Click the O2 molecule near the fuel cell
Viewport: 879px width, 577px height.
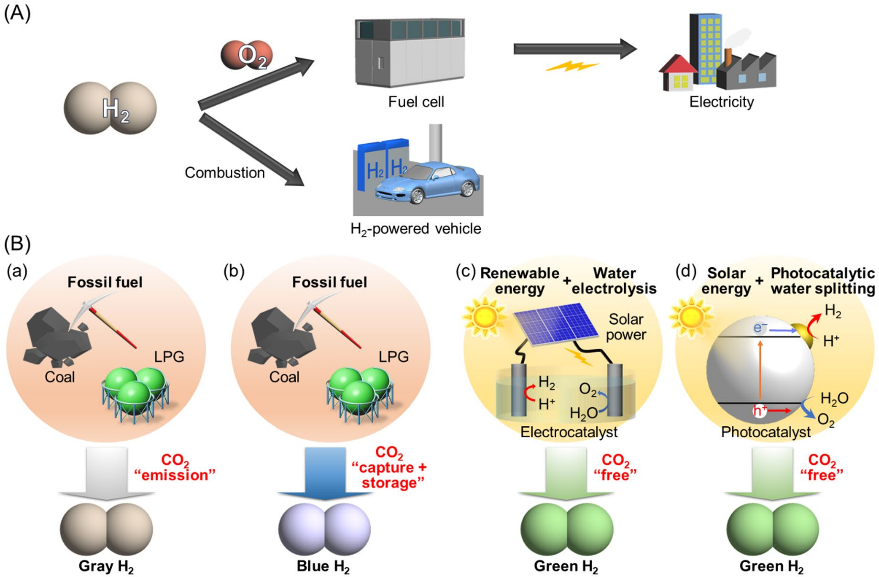pyautogui.click(x=247, y=55)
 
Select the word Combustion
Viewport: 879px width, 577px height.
pyautogui.click(x=225, y=173)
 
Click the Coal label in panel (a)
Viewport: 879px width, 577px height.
pyautogui.click(x=59, y=377)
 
